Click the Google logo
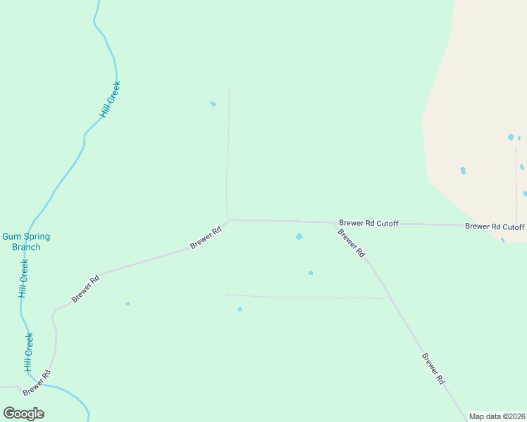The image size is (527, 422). tap(24, 414)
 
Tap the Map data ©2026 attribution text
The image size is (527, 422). tap(497, 416)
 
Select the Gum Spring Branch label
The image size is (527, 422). tap(26, 242)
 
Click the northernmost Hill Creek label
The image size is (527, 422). tap(110, 98)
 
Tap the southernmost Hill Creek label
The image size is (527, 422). tap(29, 352)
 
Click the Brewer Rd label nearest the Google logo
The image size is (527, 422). tap(37, 382)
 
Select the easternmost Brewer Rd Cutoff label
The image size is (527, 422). tap(495, 226)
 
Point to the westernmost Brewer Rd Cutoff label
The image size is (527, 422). tap(368, 223)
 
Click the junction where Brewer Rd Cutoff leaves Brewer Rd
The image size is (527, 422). tap(334, 223)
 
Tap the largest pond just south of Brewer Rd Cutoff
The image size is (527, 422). tap(299, 237)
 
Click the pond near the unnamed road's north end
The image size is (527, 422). tap(213, 104)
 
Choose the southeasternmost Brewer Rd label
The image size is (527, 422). tap(433, 368)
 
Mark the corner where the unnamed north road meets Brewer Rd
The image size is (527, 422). tap(228, 219)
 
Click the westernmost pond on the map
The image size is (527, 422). tap(128, 304)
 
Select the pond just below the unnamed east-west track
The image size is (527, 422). tap(240, 309)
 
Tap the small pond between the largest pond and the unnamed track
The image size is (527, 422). tap(311, 273)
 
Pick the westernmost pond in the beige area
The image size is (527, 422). tap(463, 171)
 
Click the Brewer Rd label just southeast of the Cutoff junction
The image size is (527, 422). tap(351, 243)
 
